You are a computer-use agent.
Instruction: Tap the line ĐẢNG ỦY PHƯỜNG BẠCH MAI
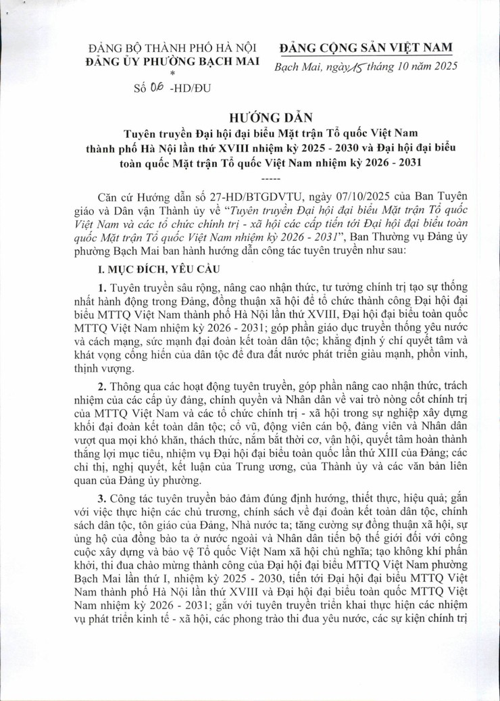[174, 62]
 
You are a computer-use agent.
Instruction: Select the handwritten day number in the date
[357, 66]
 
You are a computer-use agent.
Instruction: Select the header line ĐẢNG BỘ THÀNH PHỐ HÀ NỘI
[174, 49]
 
